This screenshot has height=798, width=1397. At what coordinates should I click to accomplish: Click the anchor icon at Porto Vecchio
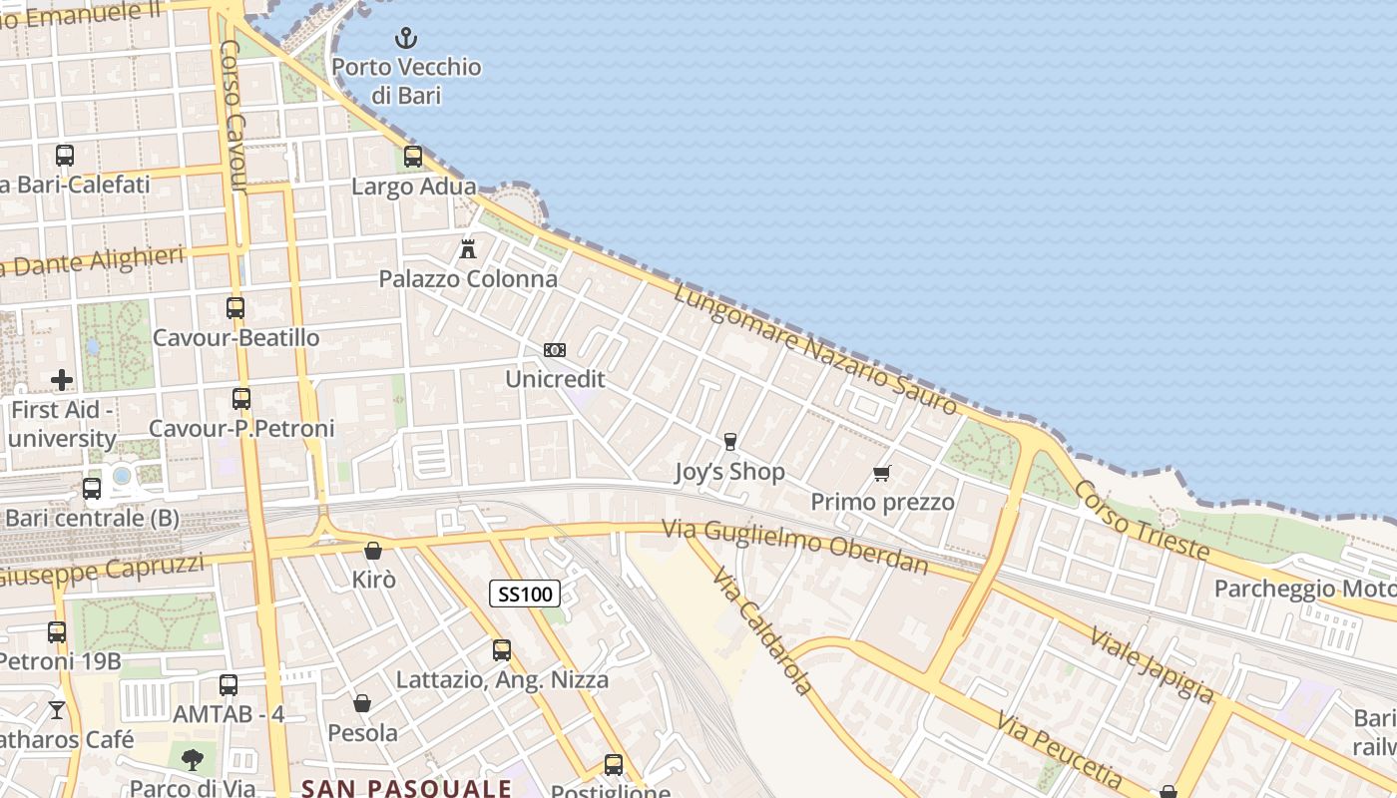405,39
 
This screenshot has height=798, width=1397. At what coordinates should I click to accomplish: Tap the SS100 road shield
525,595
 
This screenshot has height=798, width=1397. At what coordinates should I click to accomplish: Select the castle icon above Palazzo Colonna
468,248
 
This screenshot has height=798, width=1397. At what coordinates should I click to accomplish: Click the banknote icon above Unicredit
555,350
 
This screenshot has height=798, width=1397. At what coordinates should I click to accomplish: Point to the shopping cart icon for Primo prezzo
881,473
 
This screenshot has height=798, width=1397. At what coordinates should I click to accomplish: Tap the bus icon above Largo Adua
413,157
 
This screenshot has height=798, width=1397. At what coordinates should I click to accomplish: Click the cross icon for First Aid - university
62,380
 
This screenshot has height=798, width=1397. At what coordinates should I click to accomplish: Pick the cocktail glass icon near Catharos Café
57,709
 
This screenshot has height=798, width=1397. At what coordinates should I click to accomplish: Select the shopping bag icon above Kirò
373,551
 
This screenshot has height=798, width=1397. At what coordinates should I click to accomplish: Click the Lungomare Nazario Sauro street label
815,348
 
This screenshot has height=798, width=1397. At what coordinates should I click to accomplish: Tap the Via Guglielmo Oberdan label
796,548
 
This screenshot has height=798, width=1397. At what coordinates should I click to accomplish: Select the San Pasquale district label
407,788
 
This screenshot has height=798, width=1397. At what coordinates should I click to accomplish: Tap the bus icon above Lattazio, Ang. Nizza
502,650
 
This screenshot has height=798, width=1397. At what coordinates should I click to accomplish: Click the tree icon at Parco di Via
192,760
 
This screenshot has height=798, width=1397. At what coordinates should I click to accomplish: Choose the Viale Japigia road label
1152,664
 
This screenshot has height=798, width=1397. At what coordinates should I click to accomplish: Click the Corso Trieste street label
1142,521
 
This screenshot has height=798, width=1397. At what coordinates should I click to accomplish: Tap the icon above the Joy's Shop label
730,442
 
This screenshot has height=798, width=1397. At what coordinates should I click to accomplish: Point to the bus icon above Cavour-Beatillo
235,308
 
